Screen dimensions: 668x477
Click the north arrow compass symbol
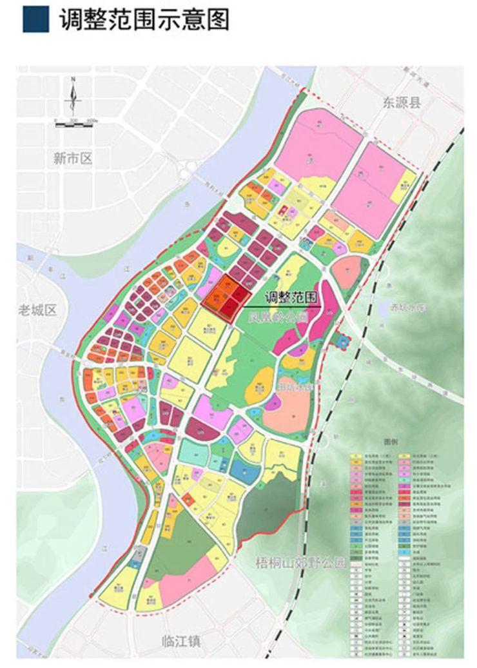pyautogui.click(x=73, y=100)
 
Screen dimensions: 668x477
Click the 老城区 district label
pyautogui.click(x=38, y=310)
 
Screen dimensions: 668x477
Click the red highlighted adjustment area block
pyautogui.click(x=225, y=297)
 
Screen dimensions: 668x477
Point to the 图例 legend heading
pyautogui.click(x=391, y=444)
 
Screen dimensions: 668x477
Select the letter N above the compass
pyautogui.click(x=73, y=79)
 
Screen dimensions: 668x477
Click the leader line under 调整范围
pyautogui.click(x=284, y=305)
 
